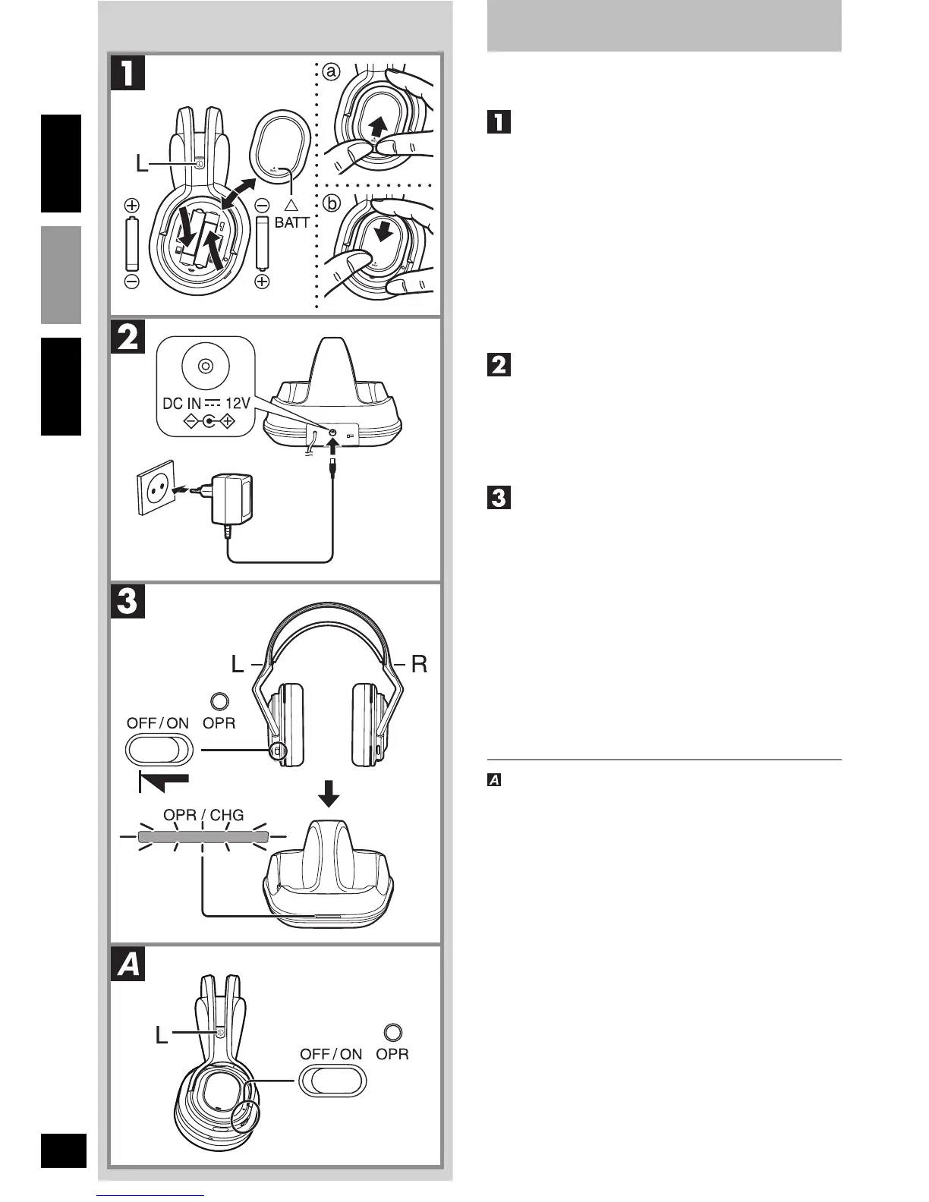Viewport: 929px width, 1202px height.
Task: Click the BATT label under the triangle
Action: [x=292, y=223]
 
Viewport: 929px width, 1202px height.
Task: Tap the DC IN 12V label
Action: [x=206, y=404]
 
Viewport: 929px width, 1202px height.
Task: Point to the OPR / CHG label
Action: [x=204, y=815]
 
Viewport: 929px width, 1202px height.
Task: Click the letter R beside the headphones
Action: [x=419, y=665]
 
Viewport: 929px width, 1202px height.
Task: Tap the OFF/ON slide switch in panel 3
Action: [x=159, y=751]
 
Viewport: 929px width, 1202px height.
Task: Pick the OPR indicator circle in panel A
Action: [x=393, y=1032]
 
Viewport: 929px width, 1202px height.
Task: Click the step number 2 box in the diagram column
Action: [x=128, y=336]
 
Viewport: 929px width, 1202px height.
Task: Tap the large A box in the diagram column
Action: [x=128, y=965]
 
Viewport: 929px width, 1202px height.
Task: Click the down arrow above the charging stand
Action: [x=329, y=796]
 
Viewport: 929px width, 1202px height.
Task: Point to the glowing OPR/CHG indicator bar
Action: [x=203, y=837]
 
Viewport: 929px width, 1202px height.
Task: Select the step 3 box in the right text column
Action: [x=498, y=498]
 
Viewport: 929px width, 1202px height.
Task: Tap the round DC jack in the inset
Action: [x=205, y=366]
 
